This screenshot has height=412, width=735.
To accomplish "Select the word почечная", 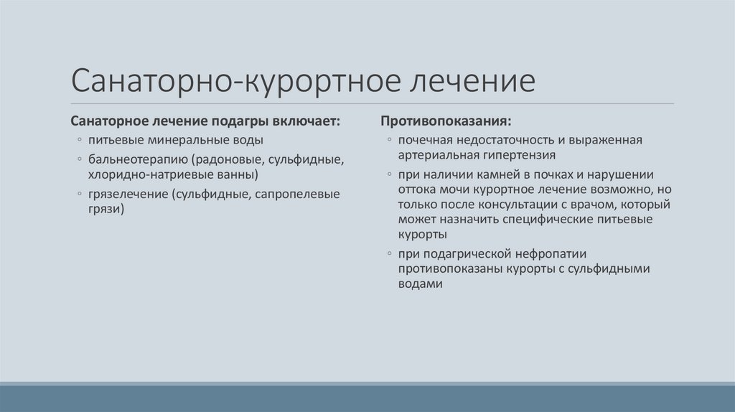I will (426, 139).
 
